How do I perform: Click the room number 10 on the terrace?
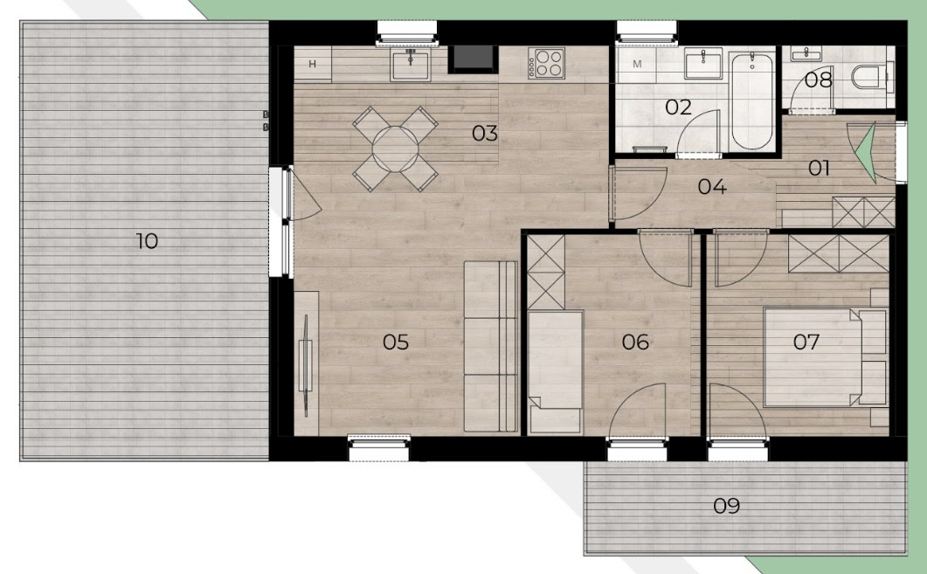pos(147,241)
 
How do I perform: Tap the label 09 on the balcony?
pos(727,506)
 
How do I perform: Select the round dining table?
pos(396,149)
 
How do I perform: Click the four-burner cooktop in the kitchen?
pos(547,63)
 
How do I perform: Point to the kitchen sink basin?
pos(410,65)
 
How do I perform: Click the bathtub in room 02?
pos(752,100)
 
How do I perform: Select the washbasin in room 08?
pos(806,54)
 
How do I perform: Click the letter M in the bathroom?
pos(637,64)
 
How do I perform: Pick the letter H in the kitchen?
pos(312,64)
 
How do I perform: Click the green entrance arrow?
pos(866,155)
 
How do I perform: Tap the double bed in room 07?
pos(826,357)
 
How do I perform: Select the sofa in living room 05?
pos(491,346)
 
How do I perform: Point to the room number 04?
pos(712,187)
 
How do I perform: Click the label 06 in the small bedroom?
pos(635,342)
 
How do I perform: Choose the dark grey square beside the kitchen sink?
pos(473,59)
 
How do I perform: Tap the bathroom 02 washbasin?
pos(703,63)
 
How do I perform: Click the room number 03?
pos(485,134)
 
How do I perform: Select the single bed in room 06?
pos(555,371)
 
